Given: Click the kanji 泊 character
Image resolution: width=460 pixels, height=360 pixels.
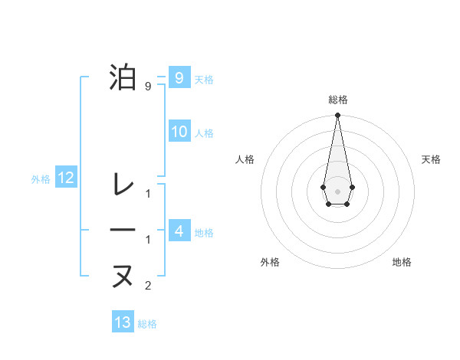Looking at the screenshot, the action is [x=123, y=78].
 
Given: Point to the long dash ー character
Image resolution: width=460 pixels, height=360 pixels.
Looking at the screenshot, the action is [x=123, y=231].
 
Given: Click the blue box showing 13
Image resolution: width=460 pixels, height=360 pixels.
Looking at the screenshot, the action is [x=123, y=322].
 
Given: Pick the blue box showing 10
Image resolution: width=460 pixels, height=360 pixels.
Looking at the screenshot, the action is [x=179, y=132].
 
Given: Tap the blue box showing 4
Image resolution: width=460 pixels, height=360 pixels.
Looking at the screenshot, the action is [x=179, y=231].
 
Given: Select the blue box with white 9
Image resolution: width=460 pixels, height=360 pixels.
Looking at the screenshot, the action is [x=179, y=77].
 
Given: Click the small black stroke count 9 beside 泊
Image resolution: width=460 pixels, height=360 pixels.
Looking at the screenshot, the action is [x=148, y=87].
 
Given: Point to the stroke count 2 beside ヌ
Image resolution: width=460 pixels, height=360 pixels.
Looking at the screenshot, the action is [x=148, y=286].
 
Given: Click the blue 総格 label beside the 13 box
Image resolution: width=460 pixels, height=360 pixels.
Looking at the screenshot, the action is [x=148, y=324].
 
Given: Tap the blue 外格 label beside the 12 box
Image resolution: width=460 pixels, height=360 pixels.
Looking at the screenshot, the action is [x=41, y=179].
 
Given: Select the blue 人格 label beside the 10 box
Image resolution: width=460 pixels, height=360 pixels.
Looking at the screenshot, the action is [x=204, y=133].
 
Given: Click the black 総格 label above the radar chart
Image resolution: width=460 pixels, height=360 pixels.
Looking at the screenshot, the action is [x=337, y=100].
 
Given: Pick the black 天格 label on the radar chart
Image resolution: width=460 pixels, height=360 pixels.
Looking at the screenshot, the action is [x=431, y=159].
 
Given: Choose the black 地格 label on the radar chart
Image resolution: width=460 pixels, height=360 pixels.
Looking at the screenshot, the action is [x=402, y=262].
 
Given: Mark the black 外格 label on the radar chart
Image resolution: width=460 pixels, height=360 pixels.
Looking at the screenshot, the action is [x=270, y=262].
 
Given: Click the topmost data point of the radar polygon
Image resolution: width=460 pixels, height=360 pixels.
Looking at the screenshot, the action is [x=337, y=115].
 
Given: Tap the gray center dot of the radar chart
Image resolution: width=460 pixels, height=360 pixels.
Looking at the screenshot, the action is [x=337, y=190].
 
